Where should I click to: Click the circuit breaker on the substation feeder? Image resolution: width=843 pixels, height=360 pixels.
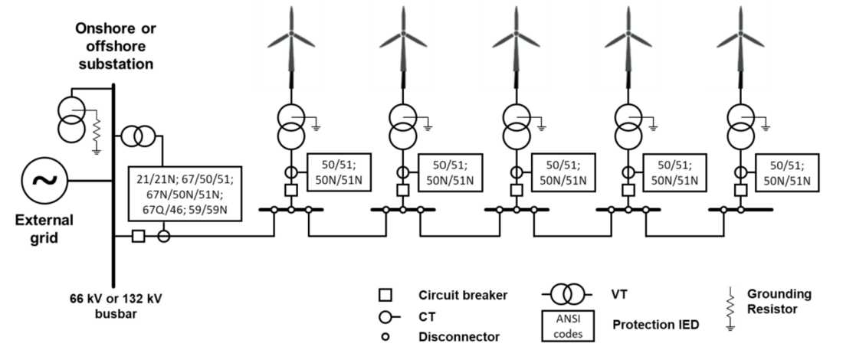138,237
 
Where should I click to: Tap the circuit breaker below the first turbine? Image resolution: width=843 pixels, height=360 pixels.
290,189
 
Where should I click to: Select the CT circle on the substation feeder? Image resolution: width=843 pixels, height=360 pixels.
163,237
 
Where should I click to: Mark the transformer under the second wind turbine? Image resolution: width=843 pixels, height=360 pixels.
403,126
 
